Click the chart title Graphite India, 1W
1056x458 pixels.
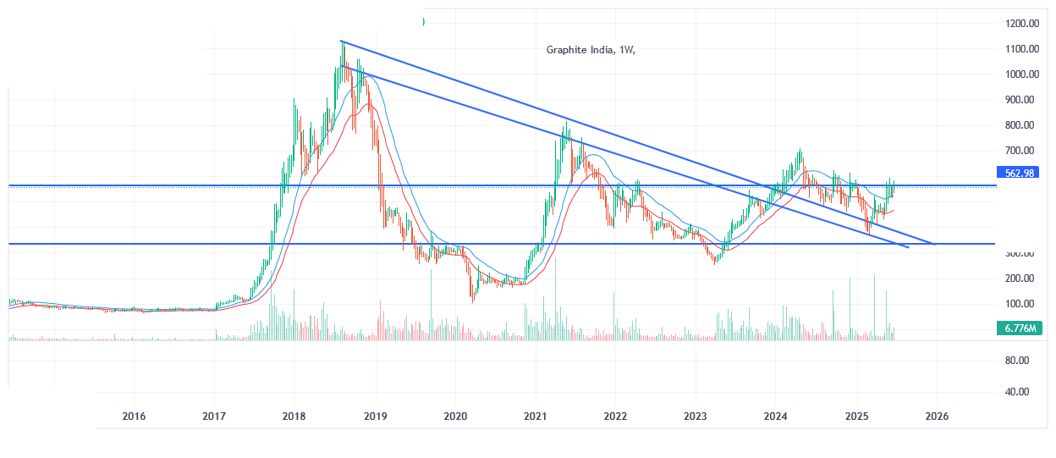[x=590, y=49]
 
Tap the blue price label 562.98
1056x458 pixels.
[x=1020, y=173]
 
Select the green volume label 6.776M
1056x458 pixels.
[x=1020, y=327]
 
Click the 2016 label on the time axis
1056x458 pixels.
[x=135, y=417]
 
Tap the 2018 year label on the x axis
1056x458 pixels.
[x=294, y=417]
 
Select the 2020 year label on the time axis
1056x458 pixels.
[x=455, y=417]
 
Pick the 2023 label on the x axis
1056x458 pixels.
[x=696, y=417]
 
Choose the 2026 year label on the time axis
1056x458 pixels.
[x=937, y=417]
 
